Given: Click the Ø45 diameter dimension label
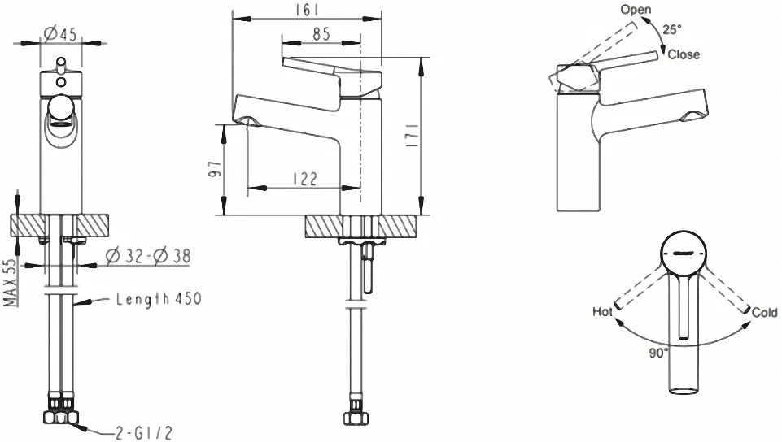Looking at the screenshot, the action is click(60, 34).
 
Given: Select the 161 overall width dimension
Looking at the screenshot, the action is click(308, 10).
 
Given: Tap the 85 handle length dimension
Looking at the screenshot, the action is click(321, 34).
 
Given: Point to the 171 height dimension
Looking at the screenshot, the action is click(412, 136).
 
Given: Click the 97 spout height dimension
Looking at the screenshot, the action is click(215, 169).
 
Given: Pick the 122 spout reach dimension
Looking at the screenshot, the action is click(304, 179).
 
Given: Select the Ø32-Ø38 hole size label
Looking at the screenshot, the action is click(148, 256).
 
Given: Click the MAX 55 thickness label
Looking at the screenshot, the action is click(10, 283).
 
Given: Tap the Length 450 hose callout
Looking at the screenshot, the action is click(159, 299).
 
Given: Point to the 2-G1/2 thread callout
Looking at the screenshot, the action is click(144, 432).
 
